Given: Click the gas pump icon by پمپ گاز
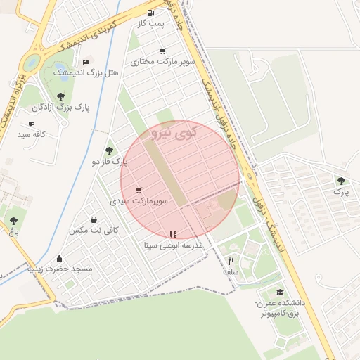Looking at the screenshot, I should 150,13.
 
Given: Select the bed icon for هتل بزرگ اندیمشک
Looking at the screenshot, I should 86,63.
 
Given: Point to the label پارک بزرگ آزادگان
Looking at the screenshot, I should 63,108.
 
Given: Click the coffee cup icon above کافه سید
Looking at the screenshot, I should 31,124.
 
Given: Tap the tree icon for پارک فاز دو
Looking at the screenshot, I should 108,150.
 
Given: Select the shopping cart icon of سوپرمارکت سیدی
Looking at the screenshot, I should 139,190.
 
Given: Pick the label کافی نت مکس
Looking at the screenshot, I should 94,230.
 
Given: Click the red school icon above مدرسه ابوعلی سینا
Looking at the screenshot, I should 173,234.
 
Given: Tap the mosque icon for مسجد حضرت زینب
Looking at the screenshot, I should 59,258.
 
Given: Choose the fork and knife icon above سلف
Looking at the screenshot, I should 231,261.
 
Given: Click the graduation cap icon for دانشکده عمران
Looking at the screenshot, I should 280,292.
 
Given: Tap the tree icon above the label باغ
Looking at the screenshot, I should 13,221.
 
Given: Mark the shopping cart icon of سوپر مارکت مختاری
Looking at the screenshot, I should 162,51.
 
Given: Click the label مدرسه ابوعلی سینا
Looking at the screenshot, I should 173,246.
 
